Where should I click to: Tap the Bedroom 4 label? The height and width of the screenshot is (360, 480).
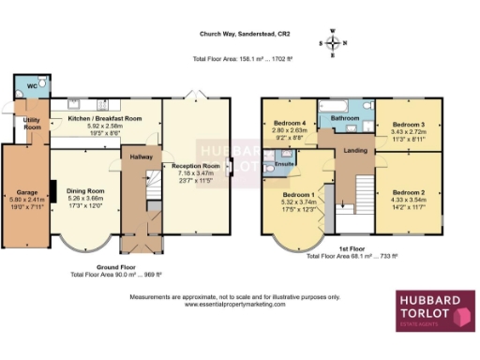pyautogui.click(x=290, y=124)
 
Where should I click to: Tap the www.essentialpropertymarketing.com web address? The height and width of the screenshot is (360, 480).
pyautogui.click(x=235, y=304)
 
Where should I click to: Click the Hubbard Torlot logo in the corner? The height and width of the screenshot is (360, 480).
pyautogui.click(x=434, y=310)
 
